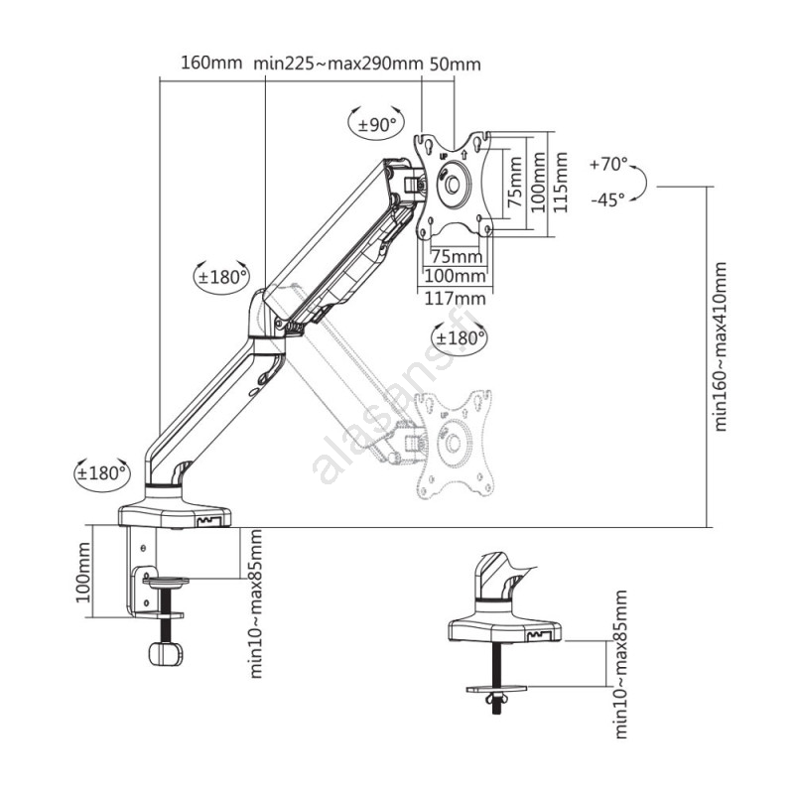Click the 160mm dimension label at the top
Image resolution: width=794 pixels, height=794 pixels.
click(x=210, y=64)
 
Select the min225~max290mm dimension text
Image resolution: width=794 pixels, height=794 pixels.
click(x=337, y=64)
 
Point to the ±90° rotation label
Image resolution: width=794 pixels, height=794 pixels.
click(x=377, y=125)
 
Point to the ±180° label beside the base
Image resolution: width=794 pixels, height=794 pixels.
click(x=102, y=472)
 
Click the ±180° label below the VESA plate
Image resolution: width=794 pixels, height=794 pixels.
click(x=459, y=337)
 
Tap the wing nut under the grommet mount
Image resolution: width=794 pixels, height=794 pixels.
click(x=494, y=701)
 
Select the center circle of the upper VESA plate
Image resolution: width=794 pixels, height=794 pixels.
click(x=453, y=185)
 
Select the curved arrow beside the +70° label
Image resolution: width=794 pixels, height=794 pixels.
click(x=642, y=182)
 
